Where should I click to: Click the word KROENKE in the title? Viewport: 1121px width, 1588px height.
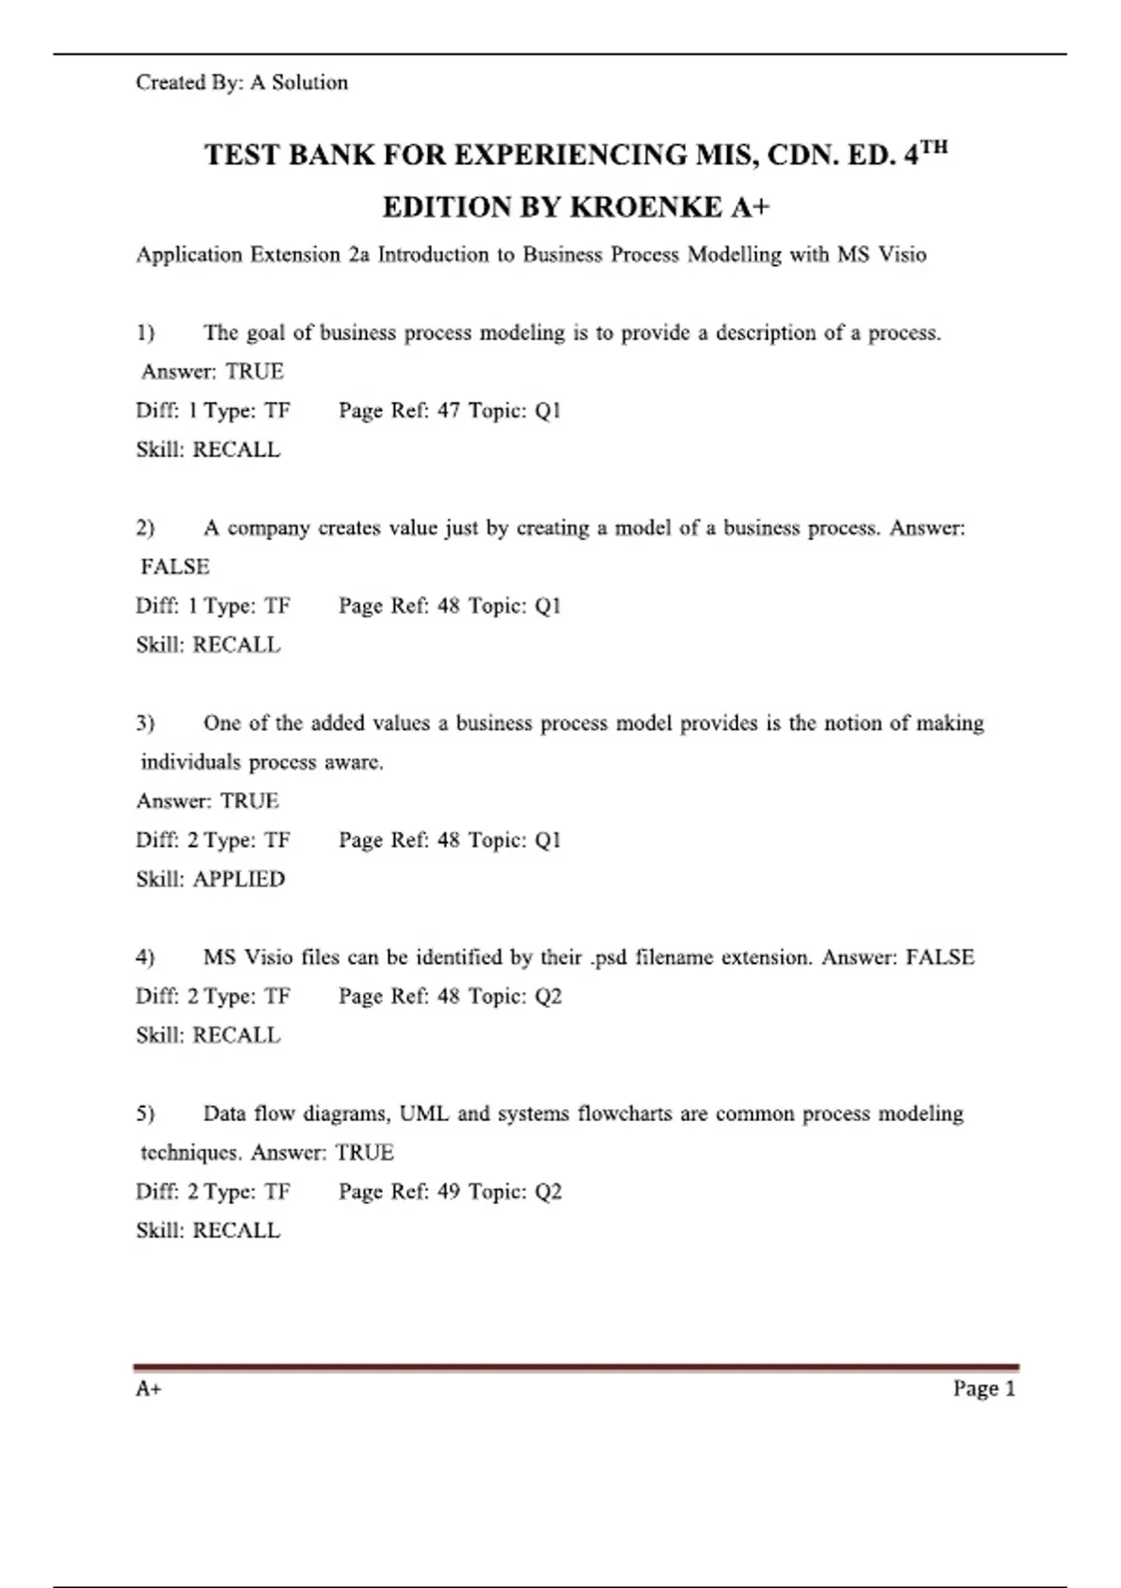click(646, 206)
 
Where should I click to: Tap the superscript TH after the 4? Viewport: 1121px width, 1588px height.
click(933, 147)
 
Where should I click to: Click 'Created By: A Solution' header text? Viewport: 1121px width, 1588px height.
click(242, 82)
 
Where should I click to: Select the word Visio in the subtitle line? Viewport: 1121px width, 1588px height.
click(901, 254)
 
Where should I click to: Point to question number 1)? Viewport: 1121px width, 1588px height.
click(146, 333)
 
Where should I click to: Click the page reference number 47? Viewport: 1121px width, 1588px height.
click(448, 410)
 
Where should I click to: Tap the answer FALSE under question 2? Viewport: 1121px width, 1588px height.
click(176, 566)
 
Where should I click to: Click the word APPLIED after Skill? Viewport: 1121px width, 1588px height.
click(238, 879)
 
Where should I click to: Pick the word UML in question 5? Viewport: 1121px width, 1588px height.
click(424, 1113)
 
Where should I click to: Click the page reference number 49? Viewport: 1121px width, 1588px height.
click(448, 1191)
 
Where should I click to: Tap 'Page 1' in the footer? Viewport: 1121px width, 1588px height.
click(984, 1388)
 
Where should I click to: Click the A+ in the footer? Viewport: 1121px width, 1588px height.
click(149, 1388)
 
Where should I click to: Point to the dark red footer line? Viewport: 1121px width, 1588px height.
click(575, 1368)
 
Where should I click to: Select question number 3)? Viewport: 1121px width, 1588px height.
click(146, 723)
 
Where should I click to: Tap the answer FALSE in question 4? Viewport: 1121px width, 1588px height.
click(940, 957)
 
